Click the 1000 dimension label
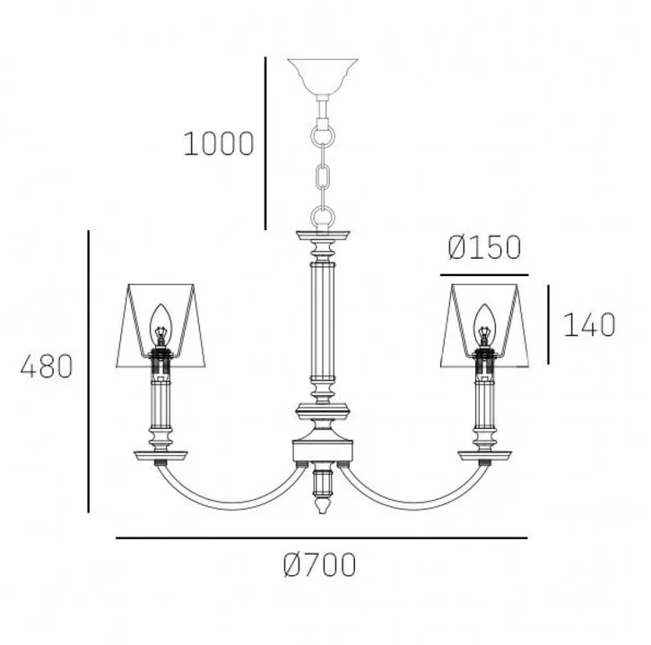click(219, 143)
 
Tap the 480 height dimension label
click(47, 366)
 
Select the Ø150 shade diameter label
click(484, 247)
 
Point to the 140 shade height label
click(589, 324)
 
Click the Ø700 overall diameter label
click(320, 564)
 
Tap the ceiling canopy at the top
click(323, 77)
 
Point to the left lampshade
click(161, 325)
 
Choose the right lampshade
click(484, 325)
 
